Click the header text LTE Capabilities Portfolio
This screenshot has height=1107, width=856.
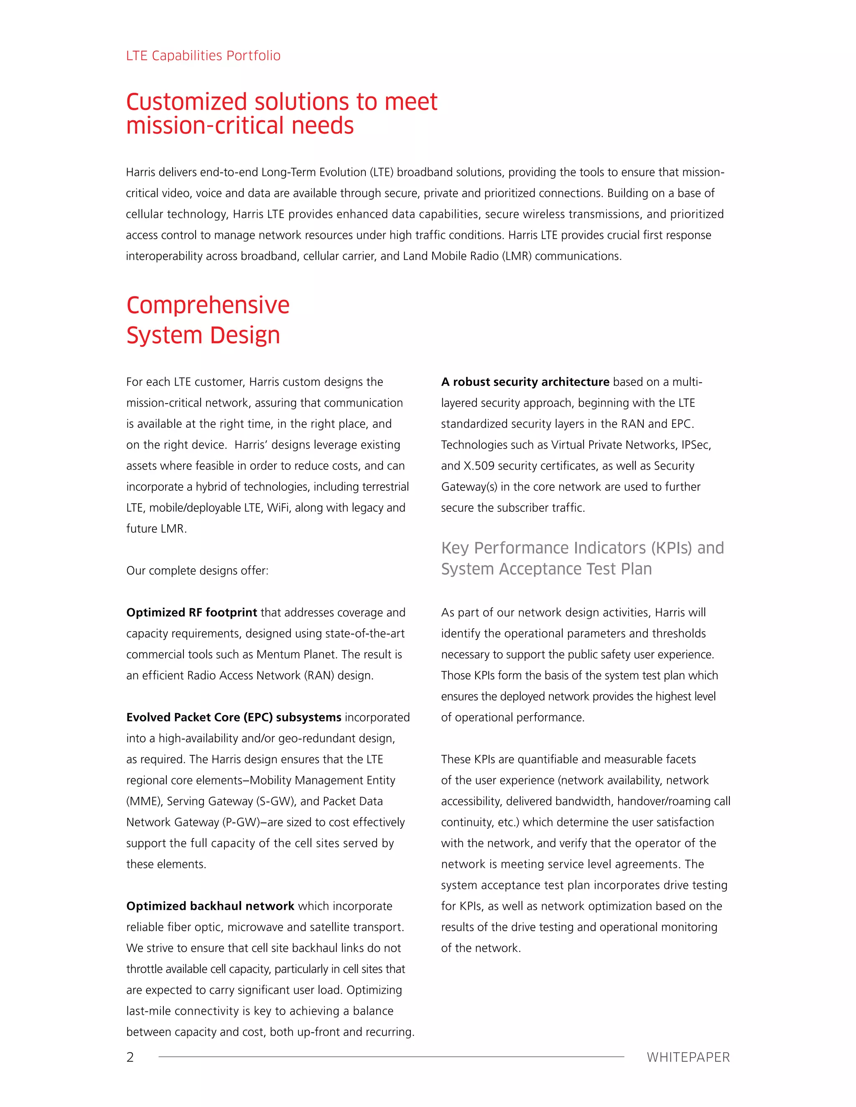tap(203, 55)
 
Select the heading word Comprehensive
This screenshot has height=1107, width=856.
tap(208, 305)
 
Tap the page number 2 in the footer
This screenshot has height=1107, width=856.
tap(130, 1057)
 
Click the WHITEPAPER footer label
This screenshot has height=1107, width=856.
tap(688, 1057)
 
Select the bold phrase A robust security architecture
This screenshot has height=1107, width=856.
tap(525, 382)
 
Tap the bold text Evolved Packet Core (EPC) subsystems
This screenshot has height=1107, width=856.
tap(234, 717)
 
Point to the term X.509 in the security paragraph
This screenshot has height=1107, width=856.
tap(479, 466)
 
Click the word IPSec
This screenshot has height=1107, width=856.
tap(696, 444)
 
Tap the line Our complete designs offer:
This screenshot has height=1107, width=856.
tap(197, 571)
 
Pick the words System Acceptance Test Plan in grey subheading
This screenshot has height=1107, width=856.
tap(546, 569)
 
